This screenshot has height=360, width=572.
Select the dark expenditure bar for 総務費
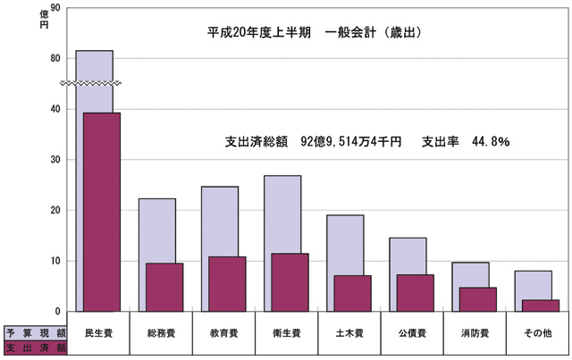(164, 287)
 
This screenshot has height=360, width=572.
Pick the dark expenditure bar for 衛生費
(290, 282)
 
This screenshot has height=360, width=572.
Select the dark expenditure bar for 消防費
(477, 299)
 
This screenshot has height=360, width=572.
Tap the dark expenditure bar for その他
(540, 306)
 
